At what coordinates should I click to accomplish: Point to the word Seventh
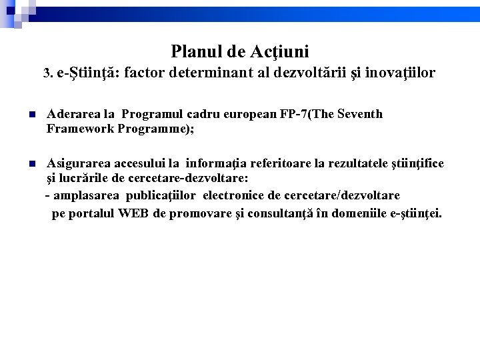pyautogui.click(x=360, y=114)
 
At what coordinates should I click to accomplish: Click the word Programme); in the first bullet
pyautogui.click(x=155, y=129)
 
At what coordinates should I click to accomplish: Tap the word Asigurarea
pyautogui.click(x=77, y=163)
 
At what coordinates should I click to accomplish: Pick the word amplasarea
pyautogui.click(x=87, y=195)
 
